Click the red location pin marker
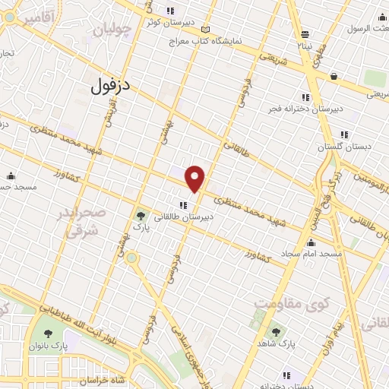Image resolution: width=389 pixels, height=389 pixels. click(195, 178)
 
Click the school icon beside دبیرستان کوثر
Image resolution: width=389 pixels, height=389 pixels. click(171, 11)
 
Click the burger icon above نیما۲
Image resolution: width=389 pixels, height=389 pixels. click(305, 34)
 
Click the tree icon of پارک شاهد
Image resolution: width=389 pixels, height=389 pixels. click(275, 331)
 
